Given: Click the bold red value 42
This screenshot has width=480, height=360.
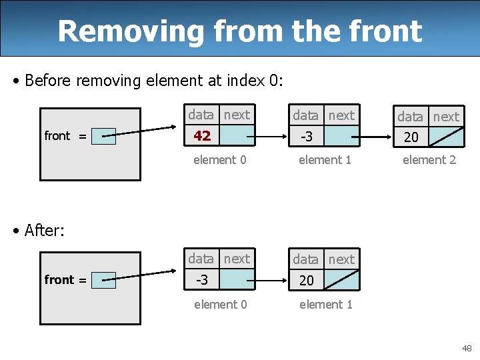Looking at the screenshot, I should pyautogui.click(x=202, y=136).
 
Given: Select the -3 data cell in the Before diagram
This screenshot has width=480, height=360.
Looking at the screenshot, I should pyautogui.click(x=307, y=137).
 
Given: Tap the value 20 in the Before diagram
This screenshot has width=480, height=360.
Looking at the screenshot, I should pyautogui.click(x=411, y=137).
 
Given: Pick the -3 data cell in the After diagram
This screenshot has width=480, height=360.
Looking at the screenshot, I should pyautogui.click(x=202, y=280).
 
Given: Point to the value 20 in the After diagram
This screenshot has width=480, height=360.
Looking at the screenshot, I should pyautogui.click(x=307, y=281).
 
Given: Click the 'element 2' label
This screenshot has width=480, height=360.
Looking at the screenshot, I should pyautogui.click(x=429, y=160).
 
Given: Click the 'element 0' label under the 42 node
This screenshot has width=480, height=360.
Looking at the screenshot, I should pyautogui.click(x=219, y=160).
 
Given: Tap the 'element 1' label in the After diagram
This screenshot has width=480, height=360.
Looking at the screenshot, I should pyautogui.click(x=325, y=305).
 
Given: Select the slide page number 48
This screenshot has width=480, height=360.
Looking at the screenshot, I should pyautogui.click(x=466, y=349).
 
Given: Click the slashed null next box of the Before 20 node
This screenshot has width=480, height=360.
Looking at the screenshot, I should pyautogui.click(x=447, y=137).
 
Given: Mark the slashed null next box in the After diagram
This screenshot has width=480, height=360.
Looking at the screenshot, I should pyautogui.click(x=342, y=281).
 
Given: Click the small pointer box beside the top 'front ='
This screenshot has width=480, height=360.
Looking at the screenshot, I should pyautogui.click(x=103, y=137).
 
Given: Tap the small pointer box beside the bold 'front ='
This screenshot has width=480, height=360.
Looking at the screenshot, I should pyautogui.click(x=103, y=281).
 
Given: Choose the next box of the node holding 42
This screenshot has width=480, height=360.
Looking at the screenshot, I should pyautogui.click(x=237, y=136).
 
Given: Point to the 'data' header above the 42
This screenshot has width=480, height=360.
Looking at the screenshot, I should pyautogui.click(x=201, y=115).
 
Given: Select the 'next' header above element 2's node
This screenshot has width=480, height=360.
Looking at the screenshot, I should pyautogui.click(x=446, y=117).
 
